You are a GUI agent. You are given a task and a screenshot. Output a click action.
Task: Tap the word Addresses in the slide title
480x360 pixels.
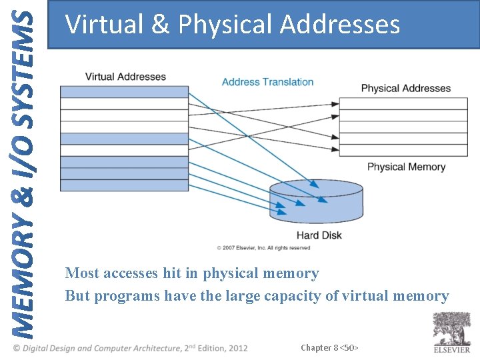click(x=339, y=25)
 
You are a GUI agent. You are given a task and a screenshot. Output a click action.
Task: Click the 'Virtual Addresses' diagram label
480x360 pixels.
click(x=125, y=77)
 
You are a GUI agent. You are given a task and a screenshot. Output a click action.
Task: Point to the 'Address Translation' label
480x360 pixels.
click(x=267, y=82)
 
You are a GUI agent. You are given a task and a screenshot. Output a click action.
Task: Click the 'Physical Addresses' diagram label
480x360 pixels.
click(x=405, y=88)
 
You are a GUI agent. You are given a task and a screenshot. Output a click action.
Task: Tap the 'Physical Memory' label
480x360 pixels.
click(x=406, y=167)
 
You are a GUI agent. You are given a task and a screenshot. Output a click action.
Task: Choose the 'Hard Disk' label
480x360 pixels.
click(x=319, y=235)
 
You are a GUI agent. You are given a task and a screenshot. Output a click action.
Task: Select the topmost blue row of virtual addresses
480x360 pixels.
click(x=125, y=92)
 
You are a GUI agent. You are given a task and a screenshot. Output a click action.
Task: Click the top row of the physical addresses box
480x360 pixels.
click(x=403, y=103)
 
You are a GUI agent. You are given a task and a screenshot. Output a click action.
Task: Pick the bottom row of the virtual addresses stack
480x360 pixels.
click(x=125, y=185)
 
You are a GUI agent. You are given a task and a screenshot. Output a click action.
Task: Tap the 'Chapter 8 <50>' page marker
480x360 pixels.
click(x=329, y=347)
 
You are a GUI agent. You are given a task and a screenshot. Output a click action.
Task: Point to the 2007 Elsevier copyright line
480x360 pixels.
click(x=263, y=248)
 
